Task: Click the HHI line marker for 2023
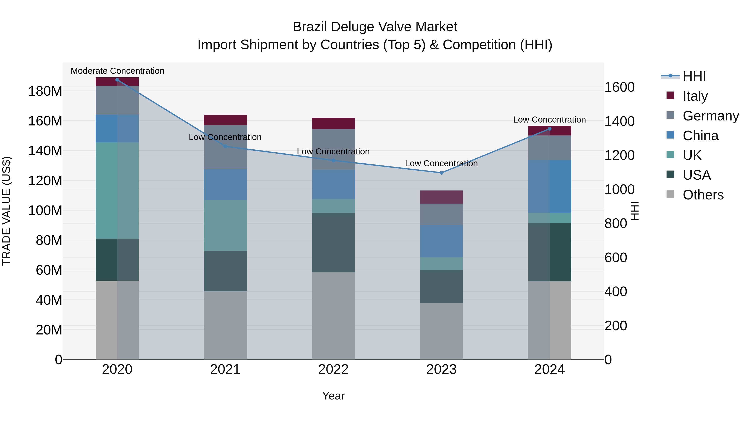click(441, 173)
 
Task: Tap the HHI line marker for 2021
click(225, 146)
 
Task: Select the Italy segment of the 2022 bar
click(333, 123)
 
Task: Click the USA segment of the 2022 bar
click(333, 243)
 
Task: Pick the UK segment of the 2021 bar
click(225, 225)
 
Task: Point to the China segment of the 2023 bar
click(441, 241)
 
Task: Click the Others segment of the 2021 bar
click(225, 325)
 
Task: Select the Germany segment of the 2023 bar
click(441, 214)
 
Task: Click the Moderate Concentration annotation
click(117, 71)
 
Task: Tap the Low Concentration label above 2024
click(549, 120)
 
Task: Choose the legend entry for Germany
click(710, 116)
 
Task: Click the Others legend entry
click(703, 195)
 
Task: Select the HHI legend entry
click(694, 76)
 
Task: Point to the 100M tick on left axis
click(45, 210)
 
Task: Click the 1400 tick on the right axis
click(619, 121)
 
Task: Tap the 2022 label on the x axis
click(333, 369)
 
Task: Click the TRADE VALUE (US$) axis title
click(6, 211)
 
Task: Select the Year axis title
click(333, 396)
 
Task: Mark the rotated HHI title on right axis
click(635, 211)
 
